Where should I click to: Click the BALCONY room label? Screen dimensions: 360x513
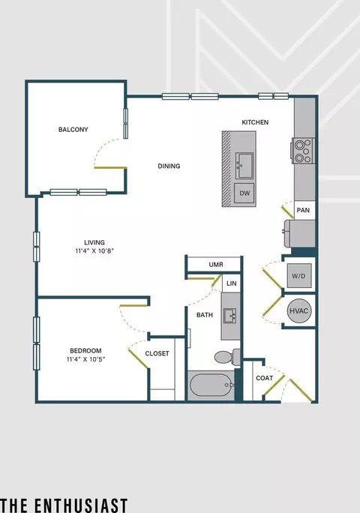(73, 130)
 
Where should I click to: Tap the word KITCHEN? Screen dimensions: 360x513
(255, 122)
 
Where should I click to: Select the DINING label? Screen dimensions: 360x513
(169, 166)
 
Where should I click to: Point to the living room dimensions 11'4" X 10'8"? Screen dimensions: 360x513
(94, 251)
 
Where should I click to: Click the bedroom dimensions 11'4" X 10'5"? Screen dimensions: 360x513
(85, 359)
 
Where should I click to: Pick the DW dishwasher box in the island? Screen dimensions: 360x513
(244, 193)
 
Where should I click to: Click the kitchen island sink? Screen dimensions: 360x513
(244, 166)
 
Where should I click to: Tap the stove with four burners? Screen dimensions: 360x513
(303, 151)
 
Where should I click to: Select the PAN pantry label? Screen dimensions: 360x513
(303, 210)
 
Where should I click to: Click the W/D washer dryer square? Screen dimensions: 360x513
(299, 276)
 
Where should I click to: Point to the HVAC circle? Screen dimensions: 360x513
(299, 310)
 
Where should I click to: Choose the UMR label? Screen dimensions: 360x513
(216, 264)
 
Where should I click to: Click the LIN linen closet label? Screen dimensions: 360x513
(232, 283)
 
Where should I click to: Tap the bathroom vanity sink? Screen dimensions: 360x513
(231, 316)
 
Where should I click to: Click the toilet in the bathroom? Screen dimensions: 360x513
(227, 356)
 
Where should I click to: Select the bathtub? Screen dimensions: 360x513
(211, 385)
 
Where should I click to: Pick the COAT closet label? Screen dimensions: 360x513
(265, 378)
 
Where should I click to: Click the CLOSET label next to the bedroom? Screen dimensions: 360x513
(157, 354)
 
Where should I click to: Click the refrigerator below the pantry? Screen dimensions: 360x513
(300, 233)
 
